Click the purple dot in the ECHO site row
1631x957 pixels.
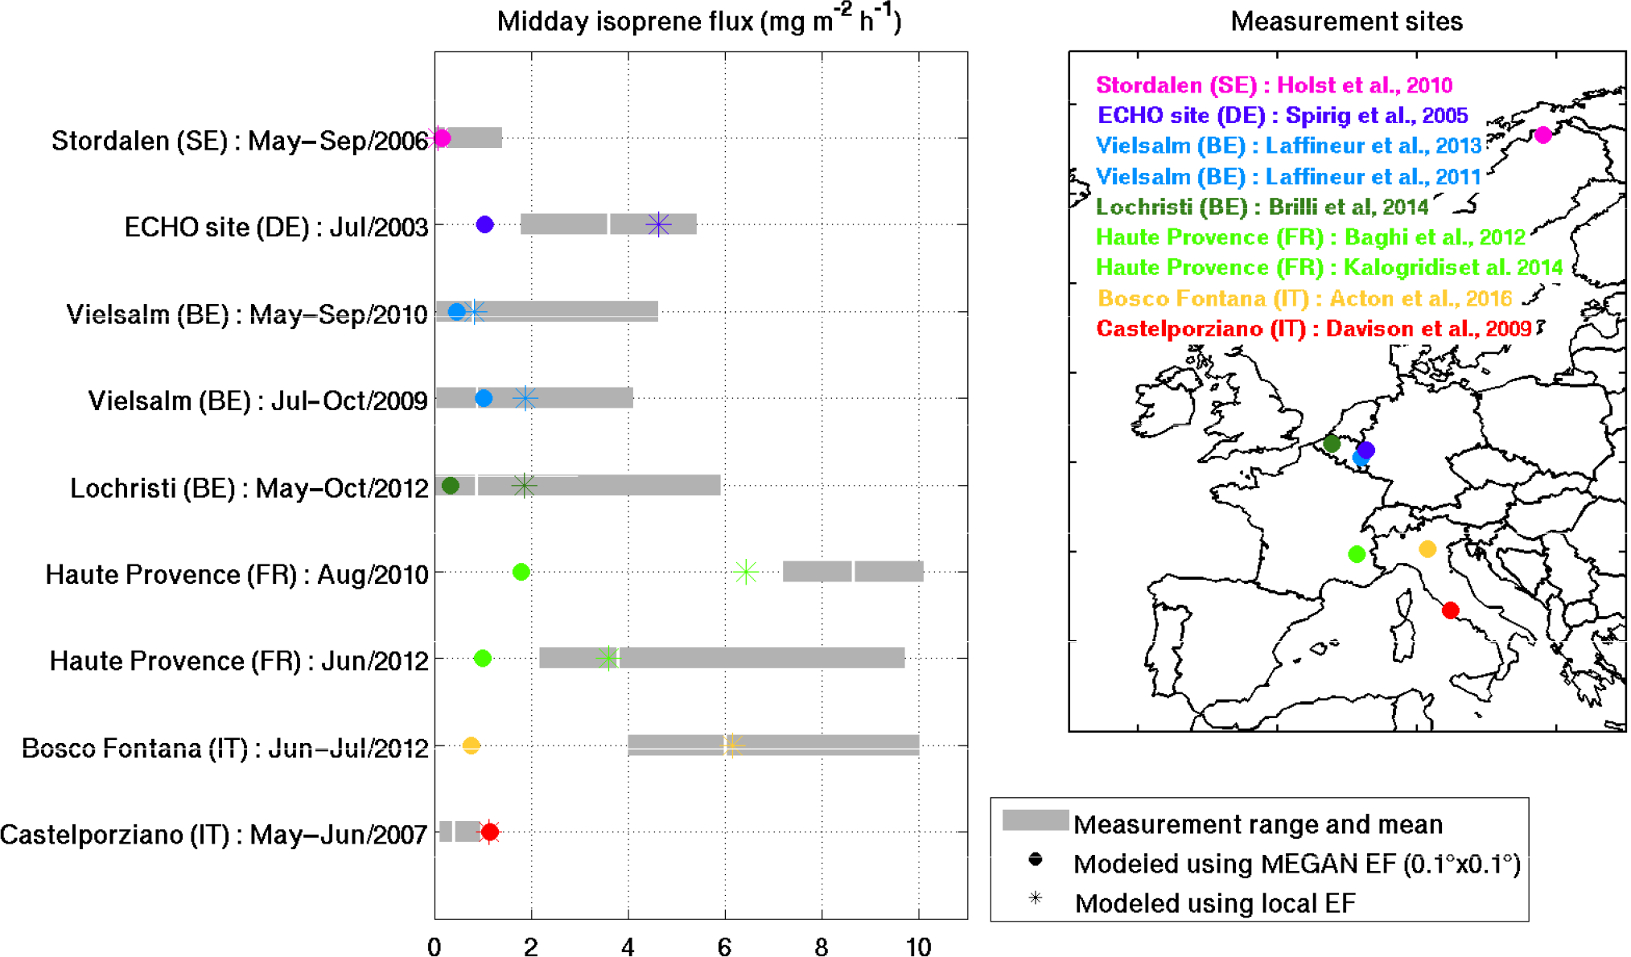[x=484, y=224]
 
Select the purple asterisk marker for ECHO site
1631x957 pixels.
[x=658, y=224]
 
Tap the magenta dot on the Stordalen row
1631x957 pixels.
[x=441, y=138]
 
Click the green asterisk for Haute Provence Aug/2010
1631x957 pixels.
[x=746, y=572]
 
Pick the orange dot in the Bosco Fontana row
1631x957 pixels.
[x=472, y=745]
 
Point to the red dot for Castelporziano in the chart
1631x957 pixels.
[x=489, y=832]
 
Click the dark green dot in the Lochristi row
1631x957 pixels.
[x=451, y=485]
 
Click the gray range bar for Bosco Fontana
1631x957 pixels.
[x=805, y=745]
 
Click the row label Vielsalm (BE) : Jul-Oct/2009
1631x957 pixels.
[x=257, y=400]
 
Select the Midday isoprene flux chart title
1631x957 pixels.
[x=698, y=21]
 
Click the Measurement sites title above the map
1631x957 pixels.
[x=1346, y=21]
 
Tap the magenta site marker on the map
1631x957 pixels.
[x=1542, y=135]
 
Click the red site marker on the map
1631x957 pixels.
[x=1450, y=610]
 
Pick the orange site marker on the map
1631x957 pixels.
[x=1427, y=549]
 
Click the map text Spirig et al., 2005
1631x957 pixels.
[x=1377, y=116]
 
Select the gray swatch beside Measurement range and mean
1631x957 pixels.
[x=1035, y=820]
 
